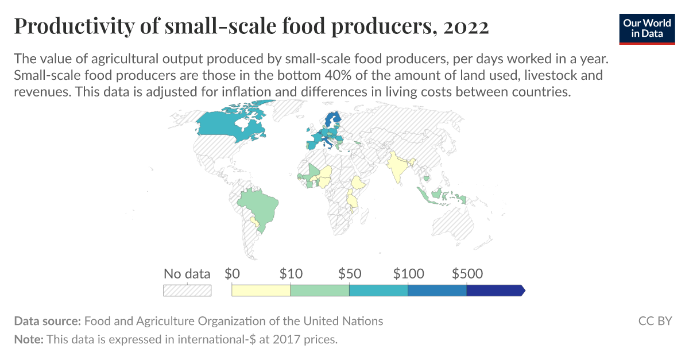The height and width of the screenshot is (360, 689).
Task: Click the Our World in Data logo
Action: click(x=647, y=28)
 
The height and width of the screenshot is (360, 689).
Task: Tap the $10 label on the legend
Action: click(x=291, y=274)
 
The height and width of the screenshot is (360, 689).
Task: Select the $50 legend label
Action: click(x=350, y=274)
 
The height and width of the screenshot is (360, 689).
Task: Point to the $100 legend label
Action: click(x=408, y=274)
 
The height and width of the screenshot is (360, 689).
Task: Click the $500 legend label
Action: click(x=467, y=274)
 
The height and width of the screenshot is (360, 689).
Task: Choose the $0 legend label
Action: click(x=232, y=274)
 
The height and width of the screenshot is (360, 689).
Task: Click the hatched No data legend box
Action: click(x=187, y=291)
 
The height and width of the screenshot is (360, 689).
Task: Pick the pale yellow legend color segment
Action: click(x=261, y=291)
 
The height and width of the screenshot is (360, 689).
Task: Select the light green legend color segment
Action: click(x=320, y=291)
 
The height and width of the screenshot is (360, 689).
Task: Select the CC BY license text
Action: click(x=655, y=321)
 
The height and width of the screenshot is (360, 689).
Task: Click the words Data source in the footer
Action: click(x=48, y=321)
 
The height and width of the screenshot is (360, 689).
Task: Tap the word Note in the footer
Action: click(x=28, y=339)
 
